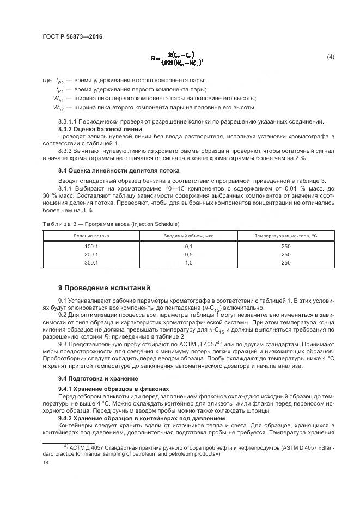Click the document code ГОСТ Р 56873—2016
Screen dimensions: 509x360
[x=72, y=36]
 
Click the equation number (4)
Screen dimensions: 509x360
[x=330, y=57]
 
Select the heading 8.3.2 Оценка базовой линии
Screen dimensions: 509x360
[x=100, y=128]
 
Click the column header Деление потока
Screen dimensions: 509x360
[x=91, y=236]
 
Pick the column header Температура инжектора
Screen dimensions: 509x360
[x=285, y=236]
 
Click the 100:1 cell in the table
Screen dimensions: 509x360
[x=91, y=246]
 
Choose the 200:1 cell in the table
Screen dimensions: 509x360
[x=91, y=254]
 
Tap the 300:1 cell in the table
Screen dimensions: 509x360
[x=91, y=262]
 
